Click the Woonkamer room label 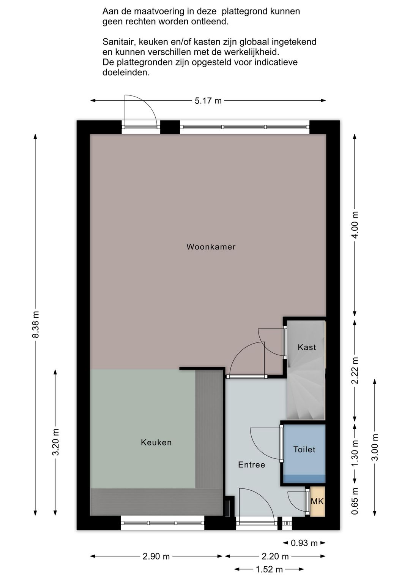(211, 247)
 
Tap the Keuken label (156, 442)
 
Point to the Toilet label (304, 449)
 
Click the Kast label (307, 347)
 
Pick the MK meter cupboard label (317, 502)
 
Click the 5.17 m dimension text (208, 100)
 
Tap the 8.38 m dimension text (35, 325)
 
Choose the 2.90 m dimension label (156, 556)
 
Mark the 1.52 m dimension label (269, 569)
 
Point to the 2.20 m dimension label (275, 556)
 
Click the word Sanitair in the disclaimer (118, 42)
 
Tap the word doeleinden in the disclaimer (126, 73)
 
